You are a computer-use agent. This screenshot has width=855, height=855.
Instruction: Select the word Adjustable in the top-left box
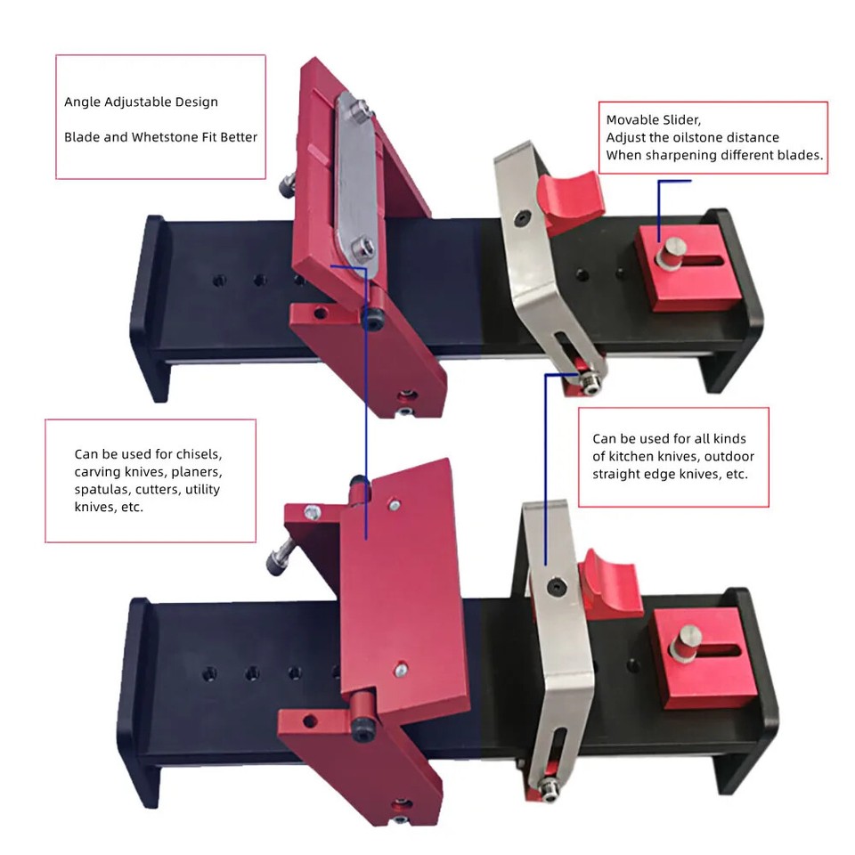[135, 102]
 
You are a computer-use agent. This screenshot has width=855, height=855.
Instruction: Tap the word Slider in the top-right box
[678, 119]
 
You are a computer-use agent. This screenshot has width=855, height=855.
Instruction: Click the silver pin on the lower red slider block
[688, 640]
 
